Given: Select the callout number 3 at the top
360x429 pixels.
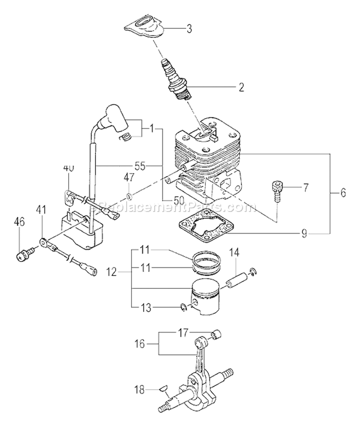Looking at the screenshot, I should pyautogui.click(x=189, y=29).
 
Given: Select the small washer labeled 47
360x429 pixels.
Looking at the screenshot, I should pyautogui.click(x=130, y=196).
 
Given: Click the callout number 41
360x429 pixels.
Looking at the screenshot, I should pyautogui.click(x=41, y=210).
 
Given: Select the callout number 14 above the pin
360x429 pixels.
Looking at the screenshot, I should pyautogui.click(x=233, y=252).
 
